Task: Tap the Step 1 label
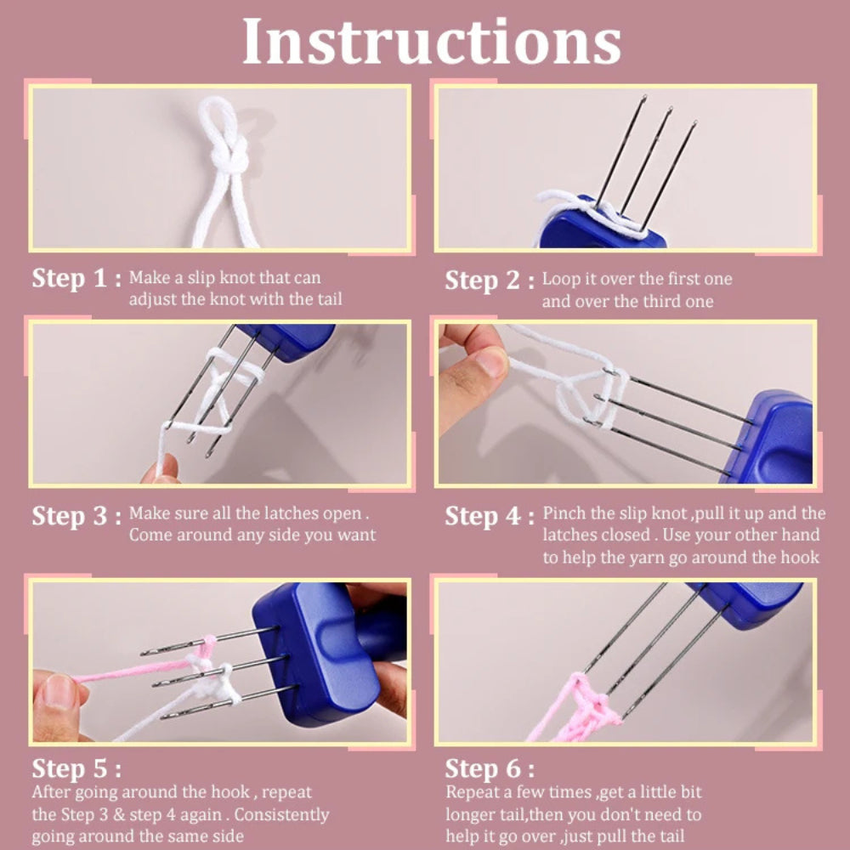click(76, 279)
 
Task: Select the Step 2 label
click(489, 280)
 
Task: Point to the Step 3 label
click(76, 516)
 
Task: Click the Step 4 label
click(489, 516)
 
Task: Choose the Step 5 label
click(76, 769)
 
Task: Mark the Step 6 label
click(489, 769)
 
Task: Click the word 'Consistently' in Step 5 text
click(280, 814)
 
